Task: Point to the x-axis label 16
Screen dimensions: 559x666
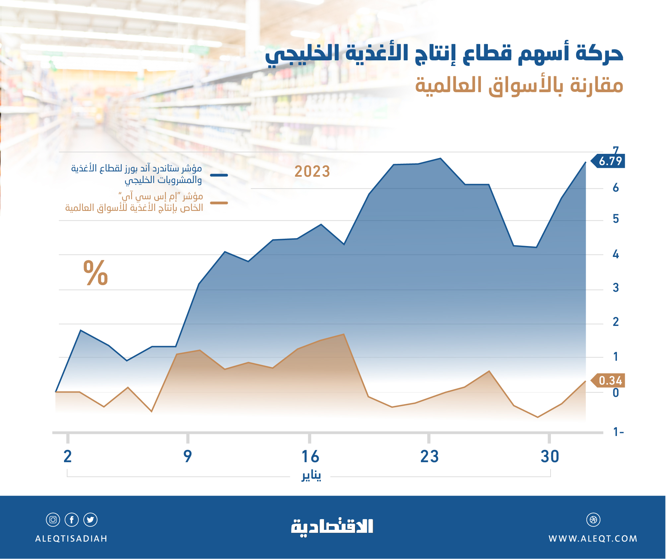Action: point(310,457)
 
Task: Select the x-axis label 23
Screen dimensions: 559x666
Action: point(429,457)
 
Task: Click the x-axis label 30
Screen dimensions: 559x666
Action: point(550,457)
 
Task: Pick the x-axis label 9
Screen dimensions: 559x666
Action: point(188,457)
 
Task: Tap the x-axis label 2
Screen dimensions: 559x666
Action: point(68,457)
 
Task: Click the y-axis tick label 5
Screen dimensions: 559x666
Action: point(616,219)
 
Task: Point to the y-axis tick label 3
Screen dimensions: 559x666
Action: point(616,287)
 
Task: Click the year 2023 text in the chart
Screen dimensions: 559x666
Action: point(312,171)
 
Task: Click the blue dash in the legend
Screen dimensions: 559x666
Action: point(219,175)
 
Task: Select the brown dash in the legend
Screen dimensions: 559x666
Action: point(219,203)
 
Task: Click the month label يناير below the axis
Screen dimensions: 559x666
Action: point(311,476)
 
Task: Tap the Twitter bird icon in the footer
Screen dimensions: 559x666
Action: point(90,520)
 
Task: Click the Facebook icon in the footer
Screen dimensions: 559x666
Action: point(72,520)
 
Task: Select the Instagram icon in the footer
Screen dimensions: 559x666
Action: point(53,520)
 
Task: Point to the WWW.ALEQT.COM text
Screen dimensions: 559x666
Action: point(593,538)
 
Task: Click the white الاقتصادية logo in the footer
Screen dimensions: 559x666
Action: point(332,526)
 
